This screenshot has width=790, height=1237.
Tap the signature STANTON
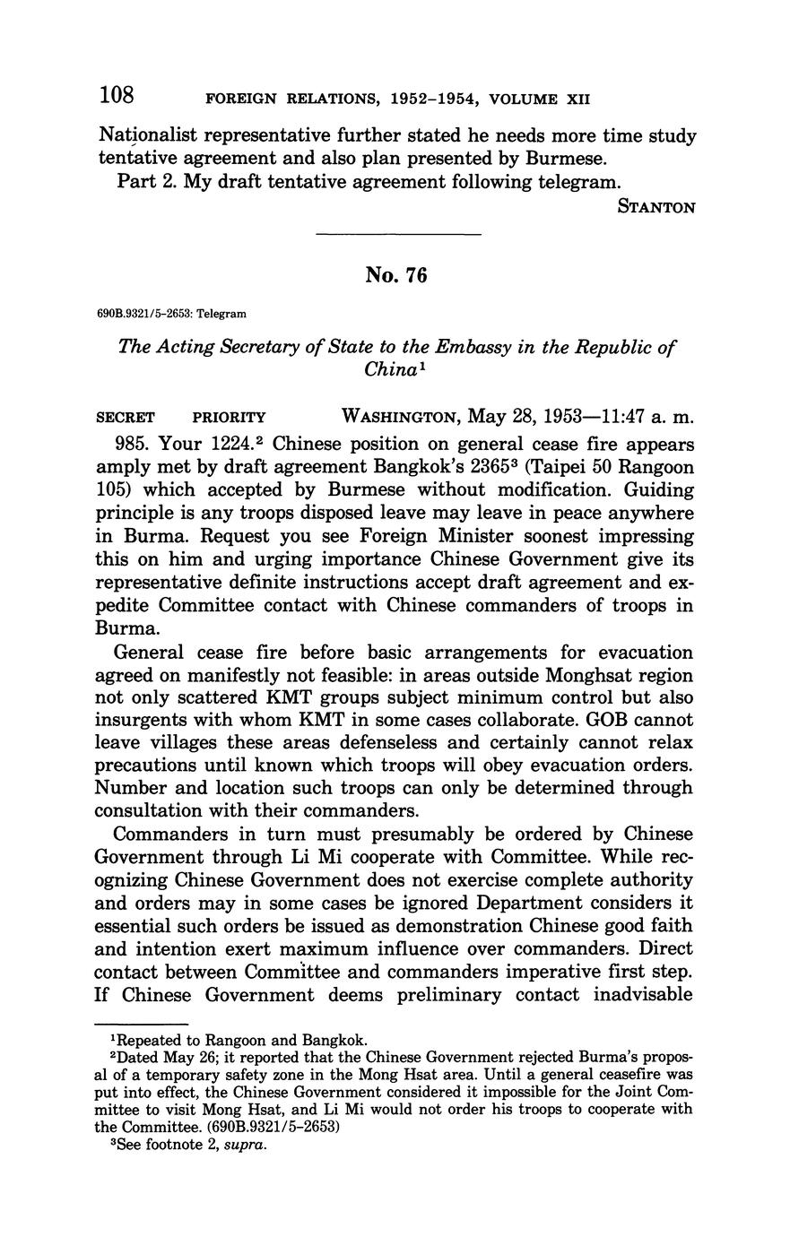pyautogui.click(x=657, y=207)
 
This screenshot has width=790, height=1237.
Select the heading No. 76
pyautogui.click(x=395, y=276)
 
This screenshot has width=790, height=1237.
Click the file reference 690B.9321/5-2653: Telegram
pyautogui.click(x=170, y=314)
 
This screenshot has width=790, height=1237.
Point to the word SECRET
pyautogui.click(x=126, y=418)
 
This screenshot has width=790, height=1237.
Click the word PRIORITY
pyautogui.click(x=230, y=418)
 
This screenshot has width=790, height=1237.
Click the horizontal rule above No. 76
pyautogui.click(x=399, y=235)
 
